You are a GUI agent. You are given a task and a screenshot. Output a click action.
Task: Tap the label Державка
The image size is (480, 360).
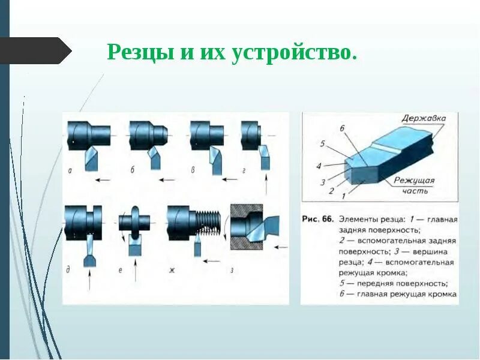[424, 118]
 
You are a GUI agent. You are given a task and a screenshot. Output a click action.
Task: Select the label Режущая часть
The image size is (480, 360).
[414, 185]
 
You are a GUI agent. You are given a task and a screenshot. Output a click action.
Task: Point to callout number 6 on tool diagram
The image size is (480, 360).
[341, 128]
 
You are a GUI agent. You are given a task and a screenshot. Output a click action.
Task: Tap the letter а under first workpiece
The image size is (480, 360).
[70, 170]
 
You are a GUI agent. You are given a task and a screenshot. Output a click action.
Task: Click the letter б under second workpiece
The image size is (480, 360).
[133, 170]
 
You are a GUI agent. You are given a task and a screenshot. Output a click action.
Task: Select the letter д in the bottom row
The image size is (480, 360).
[68, 270]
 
